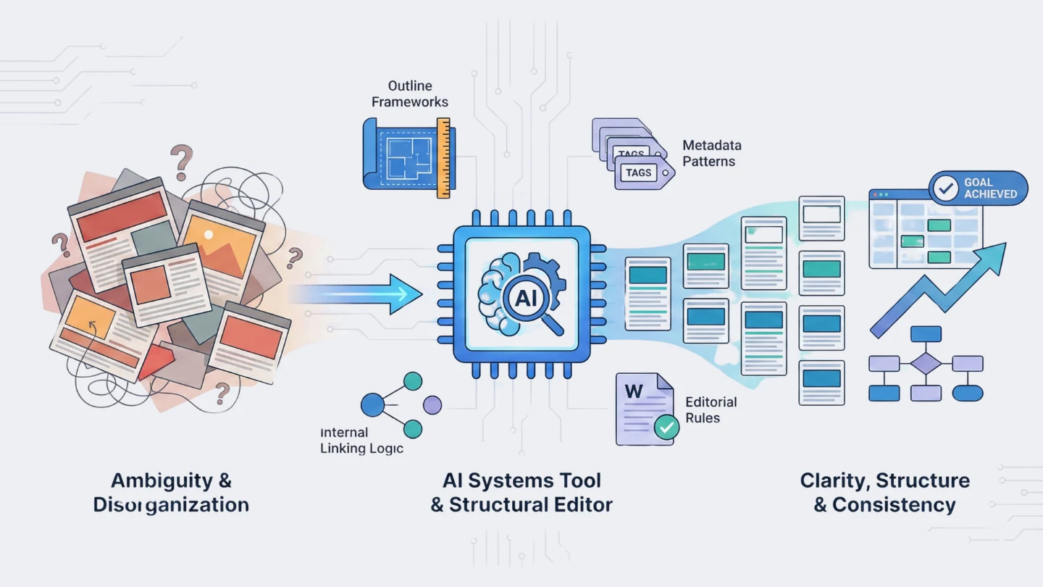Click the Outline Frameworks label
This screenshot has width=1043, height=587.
tap(410, 94)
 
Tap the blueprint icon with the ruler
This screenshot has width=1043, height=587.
tap(406, 158)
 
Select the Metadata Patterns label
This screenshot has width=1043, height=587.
tap(711, 153)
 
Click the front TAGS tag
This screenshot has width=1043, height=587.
tap(640, 172)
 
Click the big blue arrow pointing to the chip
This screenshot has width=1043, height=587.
tap(362, 293)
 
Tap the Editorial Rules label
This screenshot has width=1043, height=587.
tap(711, 409)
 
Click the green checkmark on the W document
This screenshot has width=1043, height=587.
tap(666, 427)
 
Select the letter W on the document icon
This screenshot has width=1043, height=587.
tap(633, 391)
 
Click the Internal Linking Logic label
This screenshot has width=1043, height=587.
tap(361, 441)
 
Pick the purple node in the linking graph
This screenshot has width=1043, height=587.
tap(432, 405)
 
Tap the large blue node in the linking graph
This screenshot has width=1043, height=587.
tap(372, 405)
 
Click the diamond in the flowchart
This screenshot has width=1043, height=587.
tap(925, 363)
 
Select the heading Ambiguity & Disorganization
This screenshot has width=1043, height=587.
tap(171, 492)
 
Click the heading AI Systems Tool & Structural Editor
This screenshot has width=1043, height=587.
tap(521, 492)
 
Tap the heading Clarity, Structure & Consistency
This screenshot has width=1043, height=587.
tap(884, 492)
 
